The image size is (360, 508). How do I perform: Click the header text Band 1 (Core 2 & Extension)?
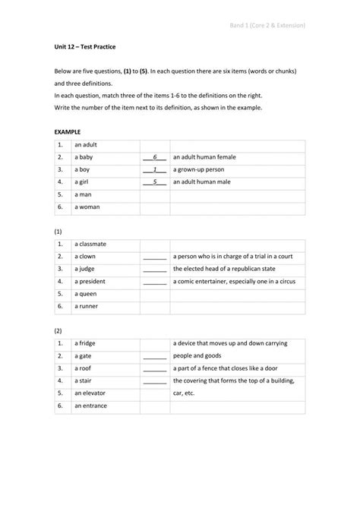click(x=267, y=25)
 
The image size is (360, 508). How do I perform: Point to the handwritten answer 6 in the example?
click(x=154, y=157)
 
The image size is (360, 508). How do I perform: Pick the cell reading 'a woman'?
click(x=87, y=207)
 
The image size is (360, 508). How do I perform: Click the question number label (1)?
click(x=58, y=231)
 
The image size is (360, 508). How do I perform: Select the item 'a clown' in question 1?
click(x=85, y=257)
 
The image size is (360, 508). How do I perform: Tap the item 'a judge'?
click(x=85, y=269)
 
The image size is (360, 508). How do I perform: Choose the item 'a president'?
click(x=90, y=281)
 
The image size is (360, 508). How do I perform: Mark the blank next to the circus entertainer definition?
click(x=154, y=281)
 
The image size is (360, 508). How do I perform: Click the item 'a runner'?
click(x=87, y=306)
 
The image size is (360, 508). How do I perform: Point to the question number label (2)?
click(x=58, y=330)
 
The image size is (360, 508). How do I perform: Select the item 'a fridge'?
click(x=85, y=343)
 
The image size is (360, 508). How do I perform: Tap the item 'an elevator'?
click(x=90, y=393)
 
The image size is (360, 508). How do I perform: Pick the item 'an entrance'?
click(x=90, y=405)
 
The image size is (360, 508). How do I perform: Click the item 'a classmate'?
click(x=90, y=244)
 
